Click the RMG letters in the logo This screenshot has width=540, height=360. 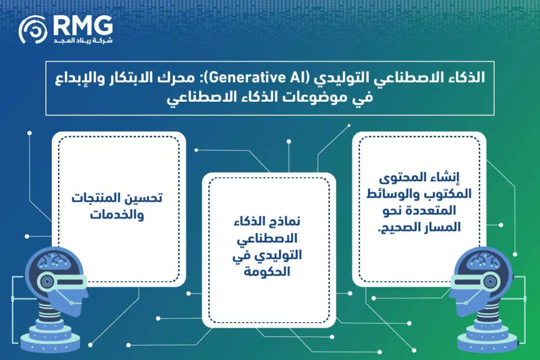[83, 25]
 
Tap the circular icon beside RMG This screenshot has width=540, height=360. [33, 29]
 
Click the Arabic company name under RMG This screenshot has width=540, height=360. [83, 41]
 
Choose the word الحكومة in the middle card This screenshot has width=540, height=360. [268, 271]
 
